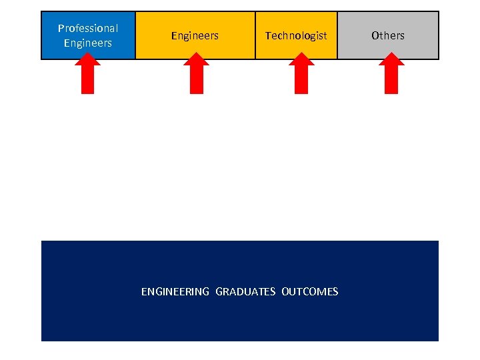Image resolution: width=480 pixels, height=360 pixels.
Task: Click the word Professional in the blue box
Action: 88,28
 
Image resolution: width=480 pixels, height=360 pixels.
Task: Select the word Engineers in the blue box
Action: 88,43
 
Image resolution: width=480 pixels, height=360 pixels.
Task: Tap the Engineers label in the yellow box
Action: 195,36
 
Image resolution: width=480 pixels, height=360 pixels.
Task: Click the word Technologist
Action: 296,36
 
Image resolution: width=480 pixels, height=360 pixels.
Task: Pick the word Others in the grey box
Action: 388,36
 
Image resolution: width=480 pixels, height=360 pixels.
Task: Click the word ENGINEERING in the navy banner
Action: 175,292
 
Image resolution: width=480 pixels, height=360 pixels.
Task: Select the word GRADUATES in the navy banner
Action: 245,292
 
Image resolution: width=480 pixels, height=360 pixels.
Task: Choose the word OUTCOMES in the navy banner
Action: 310,292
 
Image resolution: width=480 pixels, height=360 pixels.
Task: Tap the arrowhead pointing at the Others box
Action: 391,59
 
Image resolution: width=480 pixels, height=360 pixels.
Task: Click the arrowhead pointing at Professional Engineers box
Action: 87,59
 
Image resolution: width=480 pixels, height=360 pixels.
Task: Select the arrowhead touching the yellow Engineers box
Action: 196,59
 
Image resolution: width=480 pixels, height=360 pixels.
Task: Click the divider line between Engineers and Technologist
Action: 255,35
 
